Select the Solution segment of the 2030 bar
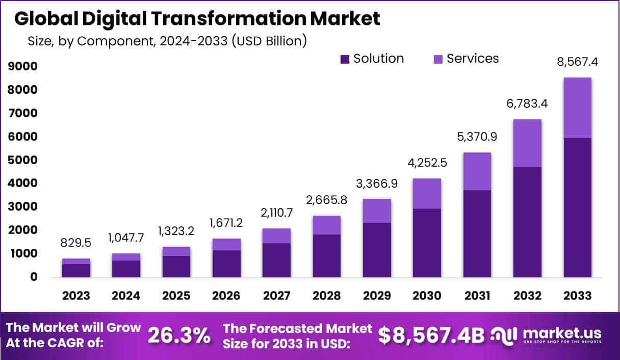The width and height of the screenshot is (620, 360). [427, 243]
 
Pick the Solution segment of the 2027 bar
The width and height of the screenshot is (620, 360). [276, 260]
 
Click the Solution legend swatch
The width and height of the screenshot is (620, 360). [345, 59]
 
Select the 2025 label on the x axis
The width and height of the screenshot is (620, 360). [176, 296]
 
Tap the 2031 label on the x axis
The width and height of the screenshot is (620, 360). [477, 296]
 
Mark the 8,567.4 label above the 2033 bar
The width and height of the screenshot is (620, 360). [577, 62]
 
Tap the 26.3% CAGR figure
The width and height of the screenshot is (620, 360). [179, 336]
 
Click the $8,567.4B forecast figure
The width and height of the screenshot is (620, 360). [431, 335]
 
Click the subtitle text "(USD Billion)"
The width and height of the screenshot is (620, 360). [269, 41]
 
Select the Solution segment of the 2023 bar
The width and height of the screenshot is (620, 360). [76, 270]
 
